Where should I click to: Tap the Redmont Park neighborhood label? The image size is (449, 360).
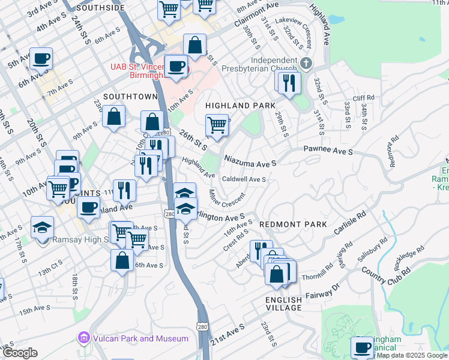click(293, 224)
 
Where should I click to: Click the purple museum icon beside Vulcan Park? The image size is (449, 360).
click(84, 339)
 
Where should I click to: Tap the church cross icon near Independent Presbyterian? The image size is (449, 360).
click(306, 63)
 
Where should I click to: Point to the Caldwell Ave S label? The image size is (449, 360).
click(244, 179)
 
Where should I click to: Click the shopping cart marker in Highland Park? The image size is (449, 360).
click(217, 126)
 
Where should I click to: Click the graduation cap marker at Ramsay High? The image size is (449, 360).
click(43, 228)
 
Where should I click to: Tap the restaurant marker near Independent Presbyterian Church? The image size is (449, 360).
click(289, 84)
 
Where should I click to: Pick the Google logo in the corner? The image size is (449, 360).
click(20, 353)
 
